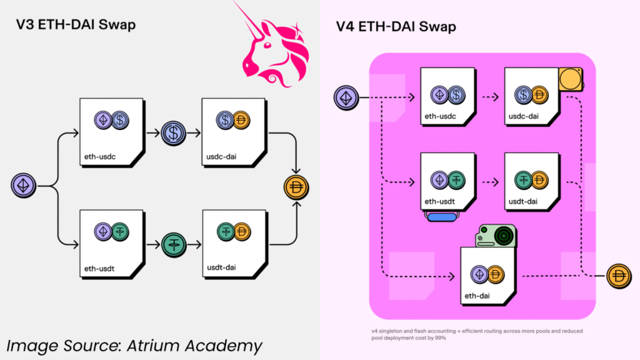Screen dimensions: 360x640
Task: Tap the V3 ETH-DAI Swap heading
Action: (x=76, y=26)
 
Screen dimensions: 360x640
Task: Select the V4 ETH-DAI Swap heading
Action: (x=396, y=27)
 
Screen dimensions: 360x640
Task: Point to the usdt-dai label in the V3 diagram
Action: (x=220, y=268)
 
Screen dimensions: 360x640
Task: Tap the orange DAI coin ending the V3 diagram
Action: (x=296, y=188)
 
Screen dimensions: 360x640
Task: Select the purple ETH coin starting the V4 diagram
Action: (x=345, y=97)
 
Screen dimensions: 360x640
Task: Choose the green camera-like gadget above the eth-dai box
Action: (x=496, y=235)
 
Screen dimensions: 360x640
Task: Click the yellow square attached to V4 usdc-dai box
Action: (x=570, y=80)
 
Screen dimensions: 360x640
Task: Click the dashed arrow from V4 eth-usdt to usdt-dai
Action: (x=487, y=184)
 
